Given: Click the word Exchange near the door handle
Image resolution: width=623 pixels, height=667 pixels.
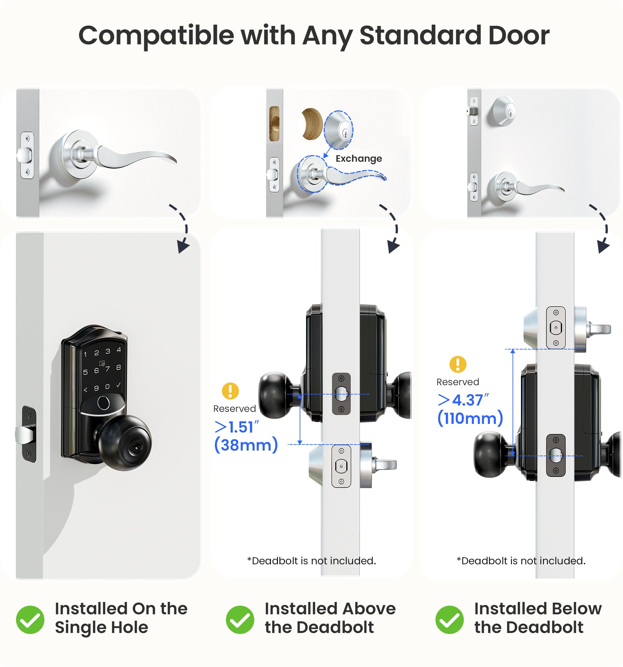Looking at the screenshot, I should point(358,158).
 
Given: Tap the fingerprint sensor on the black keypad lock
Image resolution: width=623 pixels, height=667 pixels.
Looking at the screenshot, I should point(103,403).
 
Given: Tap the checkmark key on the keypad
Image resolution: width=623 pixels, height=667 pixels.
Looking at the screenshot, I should point(118,385).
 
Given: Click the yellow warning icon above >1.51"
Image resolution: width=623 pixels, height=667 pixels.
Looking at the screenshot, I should point(230,391).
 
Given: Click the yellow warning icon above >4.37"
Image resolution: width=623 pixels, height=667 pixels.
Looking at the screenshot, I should point(457,365).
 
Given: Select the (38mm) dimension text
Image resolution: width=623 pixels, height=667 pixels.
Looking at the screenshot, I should point(246,445).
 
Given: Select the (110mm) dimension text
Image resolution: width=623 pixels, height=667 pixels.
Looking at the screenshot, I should point(470,418).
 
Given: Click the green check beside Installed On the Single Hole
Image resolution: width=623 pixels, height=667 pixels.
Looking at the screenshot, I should point(30,619).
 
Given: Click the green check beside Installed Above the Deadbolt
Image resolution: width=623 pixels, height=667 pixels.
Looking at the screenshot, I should point(240,619).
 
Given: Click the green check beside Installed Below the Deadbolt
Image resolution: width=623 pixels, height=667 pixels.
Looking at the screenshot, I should point(449,619).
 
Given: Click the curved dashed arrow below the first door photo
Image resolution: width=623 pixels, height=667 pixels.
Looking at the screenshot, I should point(182,228).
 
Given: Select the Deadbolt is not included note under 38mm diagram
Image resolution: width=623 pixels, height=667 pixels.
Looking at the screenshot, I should point(312,561).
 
